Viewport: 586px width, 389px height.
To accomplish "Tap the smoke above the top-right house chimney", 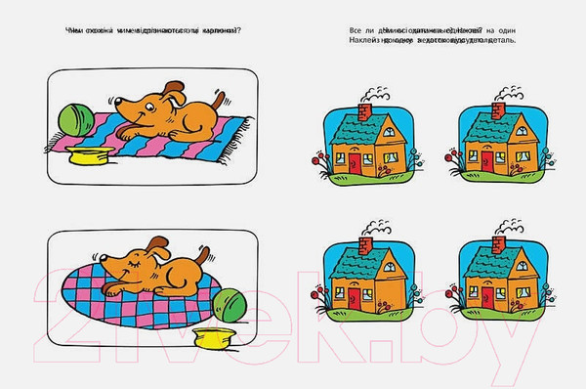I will click(x=507, y=92).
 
